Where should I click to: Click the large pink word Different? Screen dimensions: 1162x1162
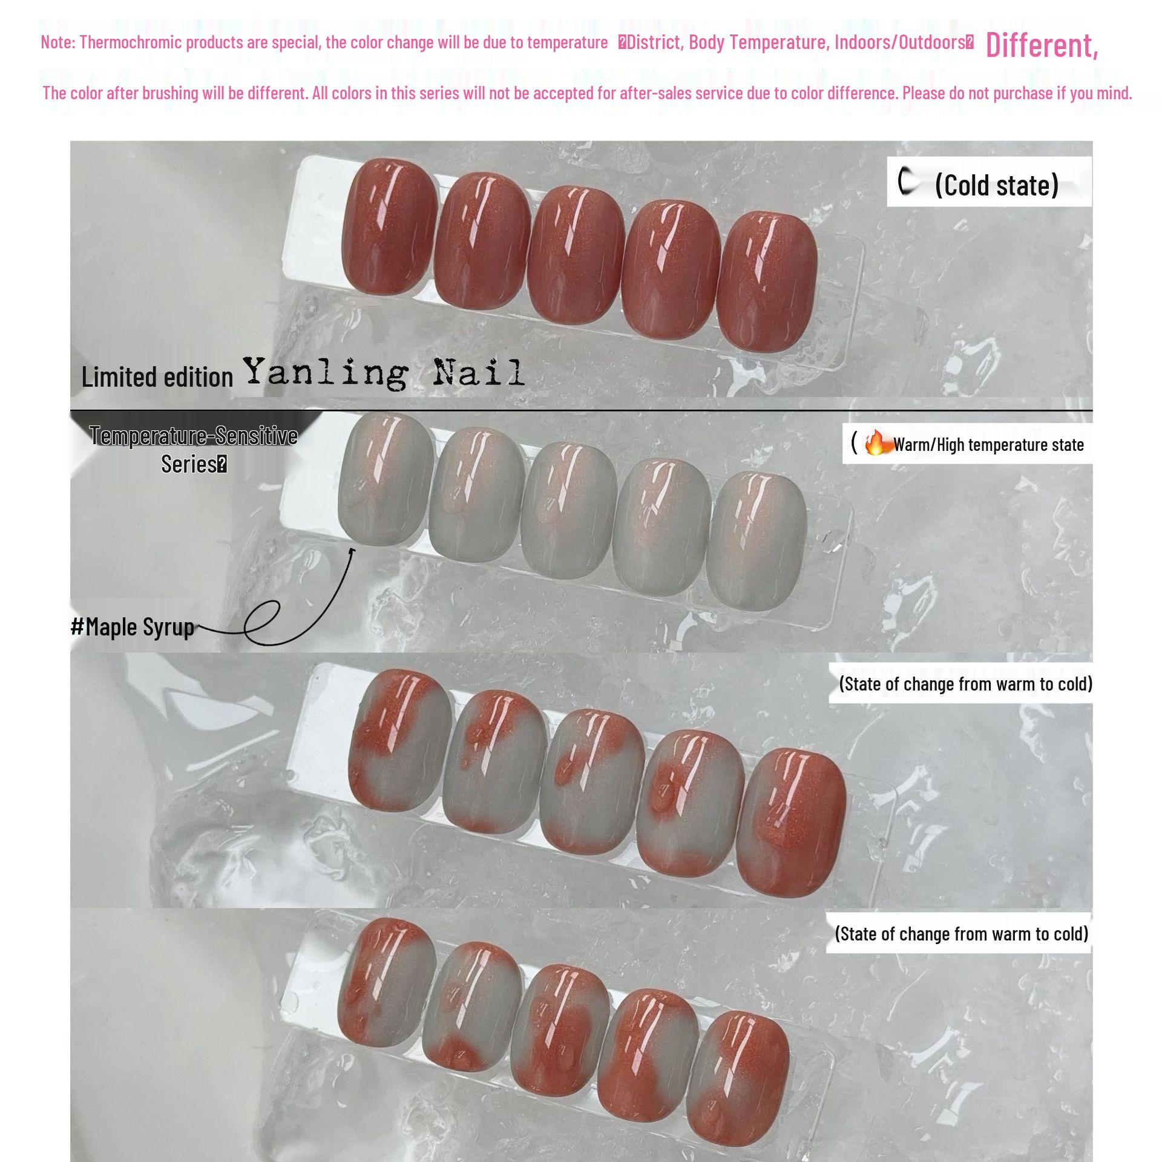click(x=1041, y=45)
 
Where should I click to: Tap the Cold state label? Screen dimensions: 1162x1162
click(x=996, y=185)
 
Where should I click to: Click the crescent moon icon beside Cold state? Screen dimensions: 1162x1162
click(x=906, y=182)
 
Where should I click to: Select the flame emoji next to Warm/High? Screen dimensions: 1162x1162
click(x=875, y=444)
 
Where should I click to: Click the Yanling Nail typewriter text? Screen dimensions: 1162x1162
click(x=384, y=373)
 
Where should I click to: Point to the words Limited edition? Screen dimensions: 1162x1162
click(x=157, y=377)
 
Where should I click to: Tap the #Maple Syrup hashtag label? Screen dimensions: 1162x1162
click(x=133, y=626)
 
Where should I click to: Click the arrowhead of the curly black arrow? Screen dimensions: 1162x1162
click(x=352, y=550)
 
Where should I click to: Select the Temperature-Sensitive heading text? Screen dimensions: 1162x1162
click(x=194, y=436)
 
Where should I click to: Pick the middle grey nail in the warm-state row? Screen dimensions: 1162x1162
click(x=567, y=508)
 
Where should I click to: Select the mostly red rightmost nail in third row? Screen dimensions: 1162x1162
click(x=791, y=822)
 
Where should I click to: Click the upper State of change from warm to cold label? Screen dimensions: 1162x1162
click(x=965, y=684)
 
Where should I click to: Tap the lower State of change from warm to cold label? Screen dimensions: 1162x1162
click(x=961, y=934)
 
